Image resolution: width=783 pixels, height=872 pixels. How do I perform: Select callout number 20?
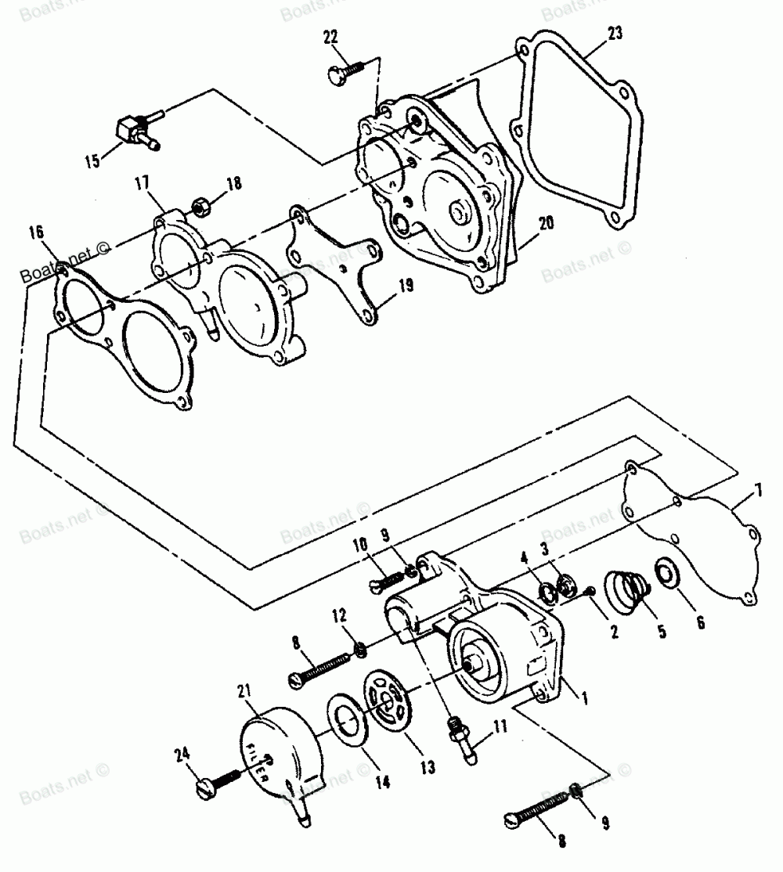[x=545, y=222]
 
